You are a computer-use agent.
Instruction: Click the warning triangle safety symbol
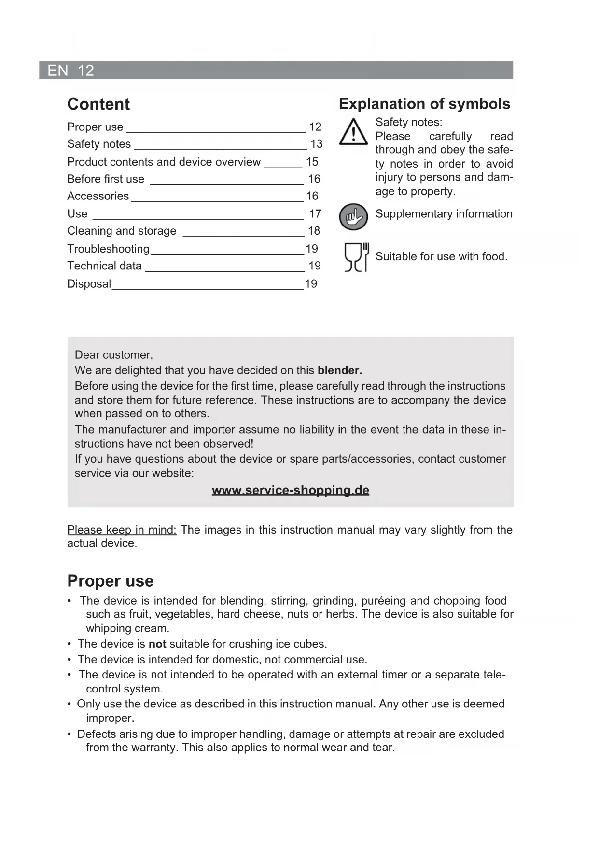point(353,132)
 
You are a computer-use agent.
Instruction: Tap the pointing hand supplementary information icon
point(353,216)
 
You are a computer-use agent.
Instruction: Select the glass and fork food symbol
point(356,257)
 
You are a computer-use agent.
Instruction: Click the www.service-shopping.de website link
point(291,490)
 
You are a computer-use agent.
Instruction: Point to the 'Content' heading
point(98,104)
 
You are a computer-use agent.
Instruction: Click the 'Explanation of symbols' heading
point(424,104)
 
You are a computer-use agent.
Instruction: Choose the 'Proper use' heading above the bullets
point(111,580)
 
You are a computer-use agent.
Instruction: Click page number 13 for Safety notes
point(316,144)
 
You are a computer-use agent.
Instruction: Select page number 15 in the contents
point(312,162)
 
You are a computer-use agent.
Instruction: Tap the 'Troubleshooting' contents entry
point(108,249)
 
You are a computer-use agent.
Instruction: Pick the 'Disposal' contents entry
point(89,284)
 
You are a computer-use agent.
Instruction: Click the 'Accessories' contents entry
point(98,196)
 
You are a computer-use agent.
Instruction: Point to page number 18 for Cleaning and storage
point(314,231)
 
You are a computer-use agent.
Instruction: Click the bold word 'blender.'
point(340,370)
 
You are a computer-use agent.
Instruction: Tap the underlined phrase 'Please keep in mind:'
point(122,530)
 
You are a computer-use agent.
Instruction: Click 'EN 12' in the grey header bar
point(70,71)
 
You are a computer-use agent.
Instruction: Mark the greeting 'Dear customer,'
point(114,355)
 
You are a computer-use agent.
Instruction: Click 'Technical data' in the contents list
point(104,266)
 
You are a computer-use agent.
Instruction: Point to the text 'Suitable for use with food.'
point(441,256)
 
